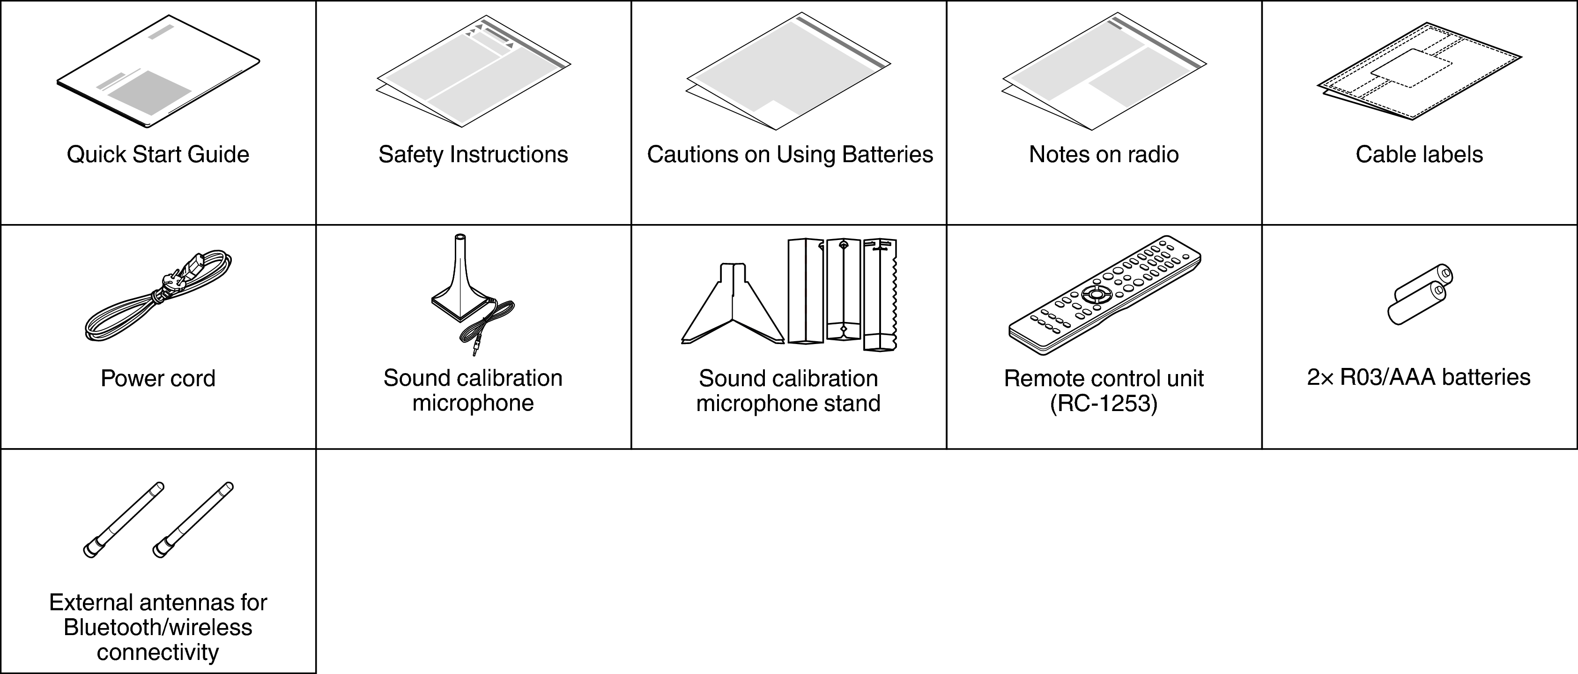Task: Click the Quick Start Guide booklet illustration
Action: pyautogui.click(x=158, y=72)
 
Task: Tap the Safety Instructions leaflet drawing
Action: pyautogui.click(x=474, y=71)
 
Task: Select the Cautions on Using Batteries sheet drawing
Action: pyautogui.click(x=788, y=72)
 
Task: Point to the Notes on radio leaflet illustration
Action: pyautogui.click(x=1104, y=72)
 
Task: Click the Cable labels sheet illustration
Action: pyautogui.click(x=1419, y=72)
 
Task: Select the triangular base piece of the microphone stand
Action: pyautogui.click(x=733, y=303)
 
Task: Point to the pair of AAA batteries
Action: pyautogui.click(x=1419, y=295)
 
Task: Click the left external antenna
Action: pyautogui.click(x=124, y=520)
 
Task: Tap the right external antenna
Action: pyautogui.click(x=193, y=520)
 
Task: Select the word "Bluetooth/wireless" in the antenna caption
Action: pyautogui.click(x=158, y=628)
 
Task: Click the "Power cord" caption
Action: pyautogui.click(x=158, y=379)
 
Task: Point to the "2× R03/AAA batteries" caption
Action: pyautogui.click(x=1419, y=377)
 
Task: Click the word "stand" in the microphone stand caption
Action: pyautogui.click(x=851, y=404)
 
